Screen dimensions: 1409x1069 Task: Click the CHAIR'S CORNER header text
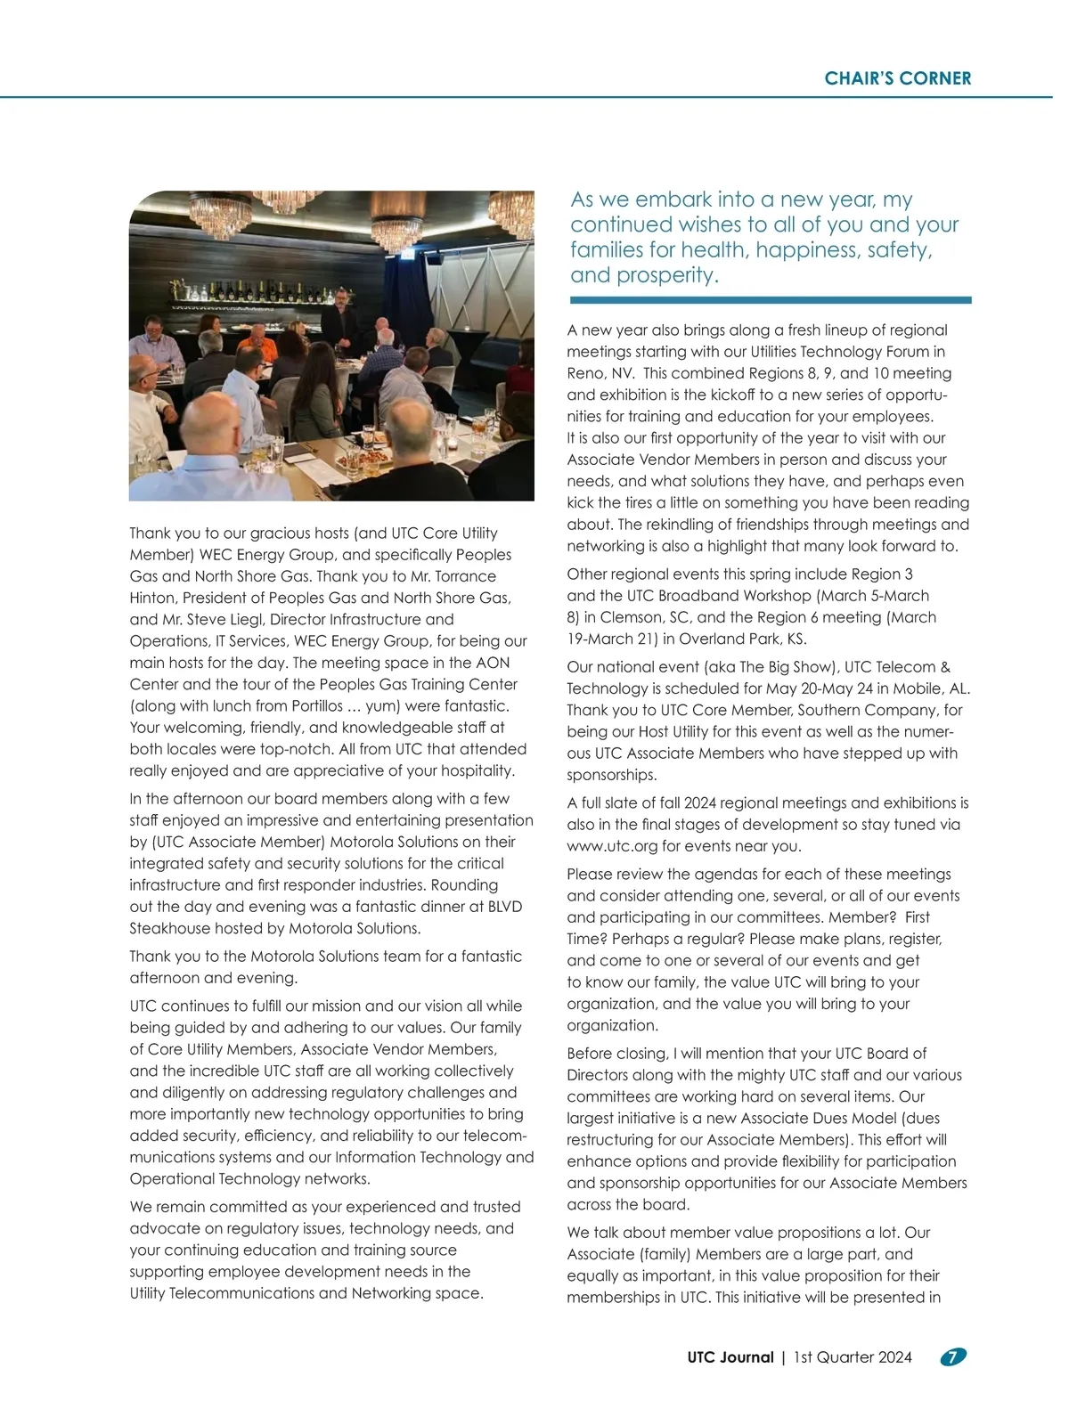coord(897,78)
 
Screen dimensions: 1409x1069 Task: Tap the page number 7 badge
coord(953,1357)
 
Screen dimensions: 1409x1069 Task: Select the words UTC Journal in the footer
coord(730,1357)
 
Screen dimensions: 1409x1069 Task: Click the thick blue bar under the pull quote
coord(771,300)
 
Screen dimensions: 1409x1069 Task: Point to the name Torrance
coord(466,576)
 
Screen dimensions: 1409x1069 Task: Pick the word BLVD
coord(504,907)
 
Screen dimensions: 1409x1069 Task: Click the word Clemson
coord(629,617)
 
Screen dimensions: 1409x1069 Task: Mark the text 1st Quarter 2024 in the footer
coord(853,1357)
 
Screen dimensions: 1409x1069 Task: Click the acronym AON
coord(493,663)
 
